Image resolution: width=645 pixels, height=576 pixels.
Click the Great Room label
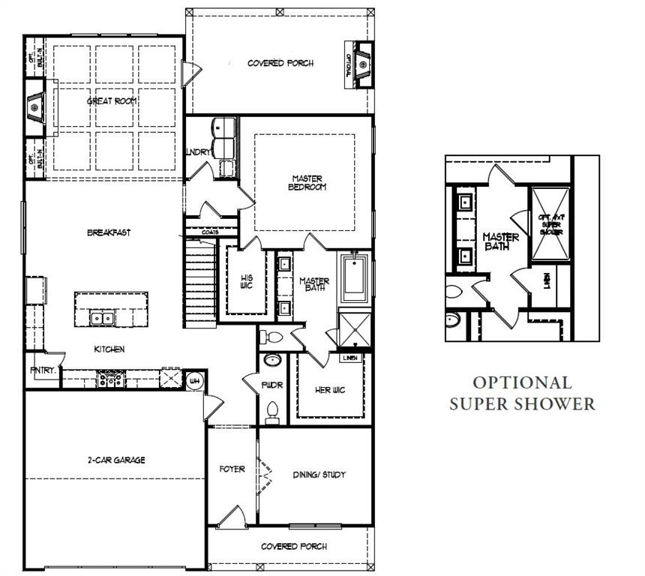(x=111, y=100)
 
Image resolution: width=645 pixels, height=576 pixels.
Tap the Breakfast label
(x=109, y=232)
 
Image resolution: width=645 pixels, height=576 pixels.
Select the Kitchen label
(x=109, y=349)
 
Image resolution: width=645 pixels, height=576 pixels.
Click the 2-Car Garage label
(x=115, y=460)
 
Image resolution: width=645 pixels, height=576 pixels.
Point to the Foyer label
(x=232, y=469)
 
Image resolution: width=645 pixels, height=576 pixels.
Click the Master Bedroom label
(x=307, y=183)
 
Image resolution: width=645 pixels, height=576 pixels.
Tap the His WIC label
(x=245, y=280)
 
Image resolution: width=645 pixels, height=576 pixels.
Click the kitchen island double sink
(x=102, y=318)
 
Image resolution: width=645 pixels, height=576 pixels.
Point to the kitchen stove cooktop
(x=110, y=379)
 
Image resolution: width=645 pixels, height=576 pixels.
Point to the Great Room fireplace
(x=34, y=108)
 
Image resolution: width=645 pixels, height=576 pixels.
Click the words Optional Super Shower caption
(x=522, y=394)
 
